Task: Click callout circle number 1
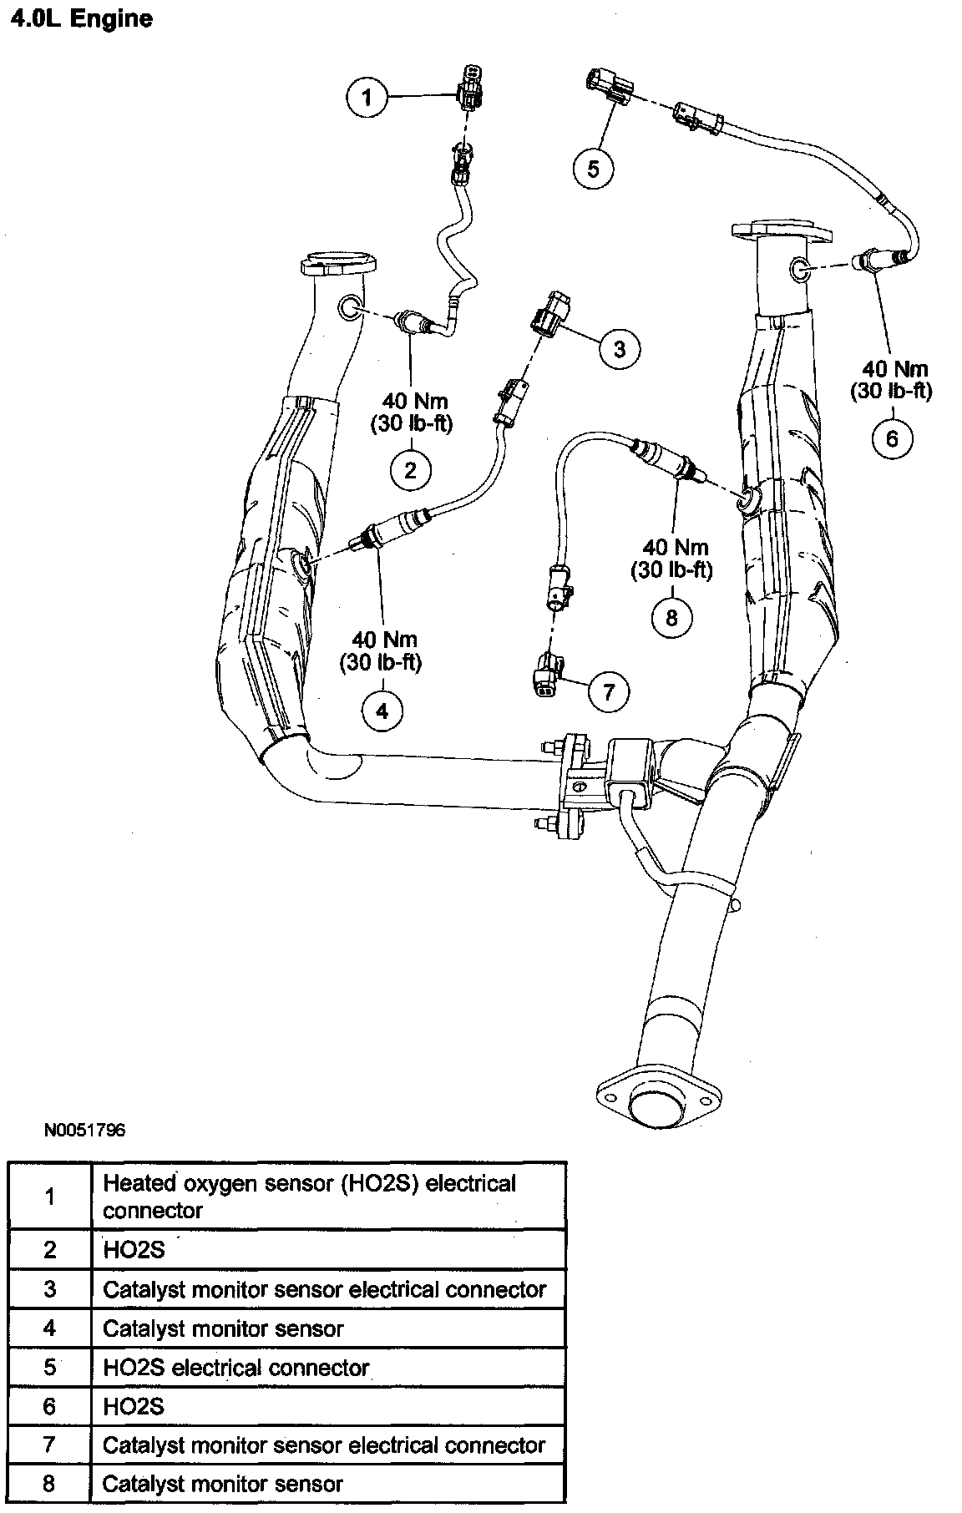(367, 98)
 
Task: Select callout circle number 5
(593, 169)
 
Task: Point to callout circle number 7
(608, 691)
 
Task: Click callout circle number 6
(892, 438)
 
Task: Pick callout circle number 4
(382, 711)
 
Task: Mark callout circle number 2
(411, 470)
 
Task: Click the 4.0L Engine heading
(80, 19)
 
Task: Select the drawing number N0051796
(85, 1131)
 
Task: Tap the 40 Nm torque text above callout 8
(676, 548)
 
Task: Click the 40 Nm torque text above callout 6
(895, 368)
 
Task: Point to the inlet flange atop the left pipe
(337, 262)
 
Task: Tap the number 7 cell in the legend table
(50, 1445)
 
